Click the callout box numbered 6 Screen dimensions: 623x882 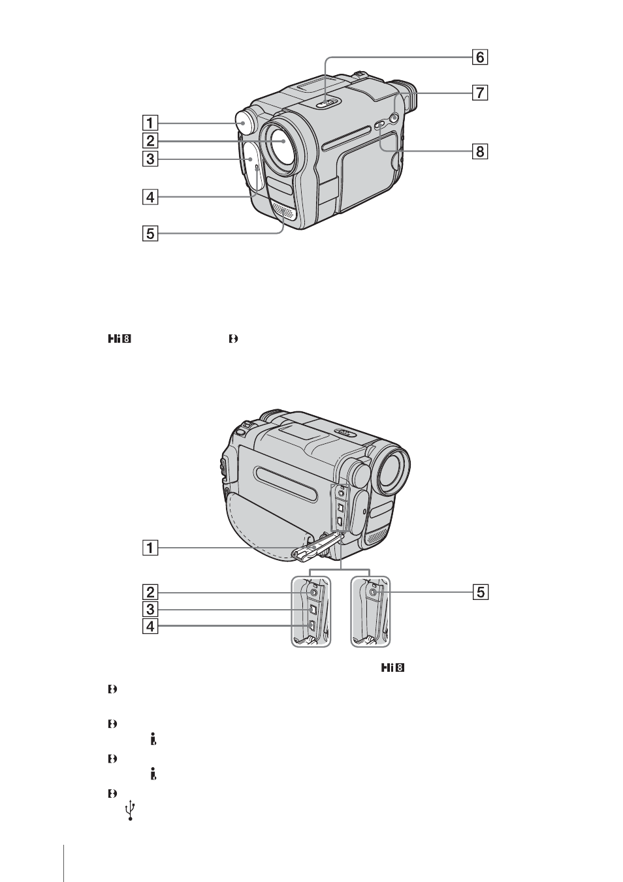(479, 57)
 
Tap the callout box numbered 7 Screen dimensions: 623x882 (479, 93)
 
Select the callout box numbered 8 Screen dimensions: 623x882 (479, 151)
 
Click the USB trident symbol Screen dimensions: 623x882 (131, 811)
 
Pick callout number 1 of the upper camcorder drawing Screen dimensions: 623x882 (150, 123)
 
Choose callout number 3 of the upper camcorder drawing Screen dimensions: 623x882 (150, 159)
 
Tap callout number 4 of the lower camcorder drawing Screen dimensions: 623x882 (150, 626)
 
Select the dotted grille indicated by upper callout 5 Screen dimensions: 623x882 (282, 213)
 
